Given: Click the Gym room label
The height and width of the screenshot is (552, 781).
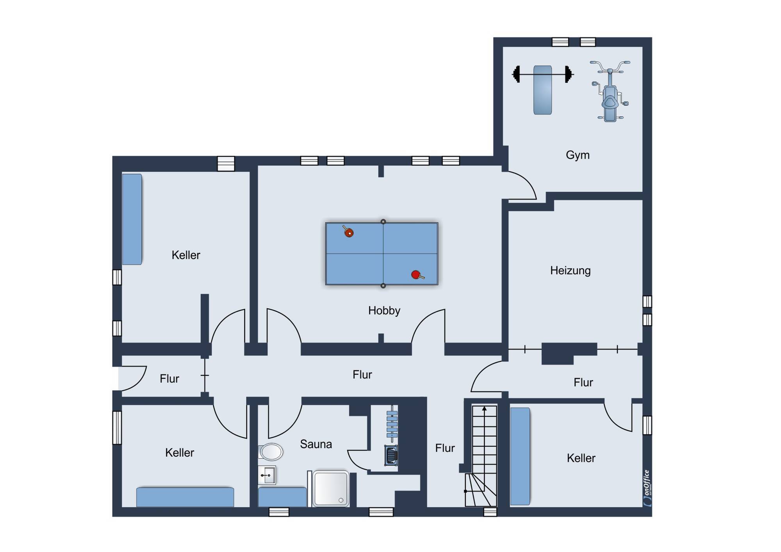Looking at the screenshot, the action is click(x=578, y=155).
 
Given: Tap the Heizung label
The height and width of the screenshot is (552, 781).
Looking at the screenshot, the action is click(x=570, y=270).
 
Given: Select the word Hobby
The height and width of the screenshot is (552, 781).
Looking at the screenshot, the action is click(x=384, y=311).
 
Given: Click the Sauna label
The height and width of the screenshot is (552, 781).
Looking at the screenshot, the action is click(x=316, y=444).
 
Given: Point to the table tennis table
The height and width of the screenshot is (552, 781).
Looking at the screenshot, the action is click(x=382, y=254).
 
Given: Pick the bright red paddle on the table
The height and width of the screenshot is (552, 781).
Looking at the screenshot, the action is click(x=417, y=275).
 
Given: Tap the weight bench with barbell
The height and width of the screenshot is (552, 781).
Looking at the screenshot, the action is click(x=543, y=90).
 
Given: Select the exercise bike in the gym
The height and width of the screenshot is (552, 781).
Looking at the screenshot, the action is click(x=610, y=91).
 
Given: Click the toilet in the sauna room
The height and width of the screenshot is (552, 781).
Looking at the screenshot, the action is click(x=271, y=452).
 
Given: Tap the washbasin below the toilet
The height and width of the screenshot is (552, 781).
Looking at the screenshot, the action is click(x=267, y=475).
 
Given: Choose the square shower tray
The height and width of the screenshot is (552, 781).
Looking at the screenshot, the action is click(x=331, y=489).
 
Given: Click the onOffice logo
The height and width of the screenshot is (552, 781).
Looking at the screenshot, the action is click(x=647, y=488).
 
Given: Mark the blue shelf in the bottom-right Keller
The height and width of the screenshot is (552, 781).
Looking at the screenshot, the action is click(x=520, y=456).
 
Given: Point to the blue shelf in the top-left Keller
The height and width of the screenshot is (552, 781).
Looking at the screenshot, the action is click(x=132, y=220).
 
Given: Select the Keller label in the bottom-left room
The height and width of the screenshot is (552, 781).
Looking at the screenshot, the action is click(x=180, y=453).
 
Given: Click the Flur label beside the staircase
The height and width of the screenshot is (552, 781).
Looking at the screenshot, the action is click(x=445, y=448).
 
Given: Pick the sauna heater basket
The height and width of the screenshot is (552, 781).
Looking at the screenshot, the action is click(x=391, y=456).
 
